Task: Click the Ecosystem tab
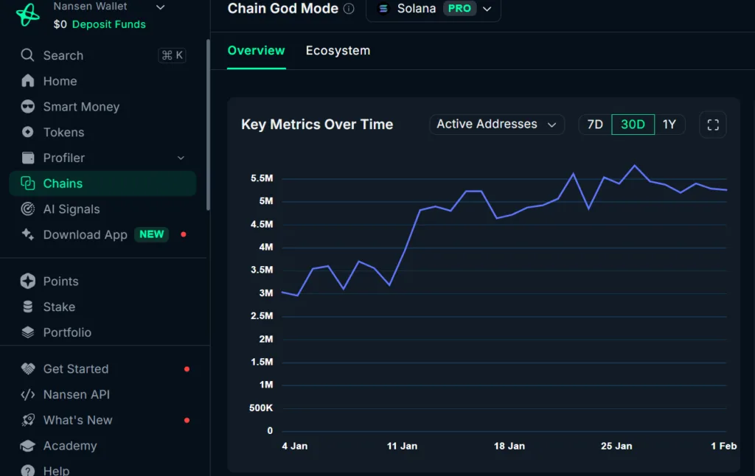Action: coord(338,51)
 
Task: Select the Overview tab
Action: coord(256,51)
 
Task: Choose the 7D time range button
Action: coord(595,125)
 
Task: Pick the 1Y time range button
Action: coord(669,125)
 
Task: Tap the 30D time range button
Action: coord(633,125)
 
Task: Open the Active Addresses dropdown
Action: coord(496,125)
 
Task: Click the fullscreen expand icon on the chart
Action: coord(712,125)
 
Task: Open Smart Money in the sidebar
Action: coord(81,107)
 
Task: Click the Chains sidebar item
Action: coord(63,183)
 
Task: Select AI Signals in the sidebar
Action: coord(72,209)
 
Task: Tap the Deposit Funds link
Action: coord(109,24)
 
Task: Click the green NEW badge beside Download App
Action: coord(151,234)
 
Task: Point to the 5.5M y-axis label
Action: coord(262,178)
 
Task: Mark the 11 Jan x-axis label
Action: coord(402,446)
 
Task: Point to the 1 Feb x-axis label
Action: coord(723,446)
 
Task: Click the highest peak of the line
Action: coord(635,165)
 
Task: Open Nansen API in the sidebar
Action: coord(76,394)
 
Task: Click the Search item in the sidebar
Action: coord(63,55)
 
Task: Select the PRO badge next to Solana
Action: coord(459,9)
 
